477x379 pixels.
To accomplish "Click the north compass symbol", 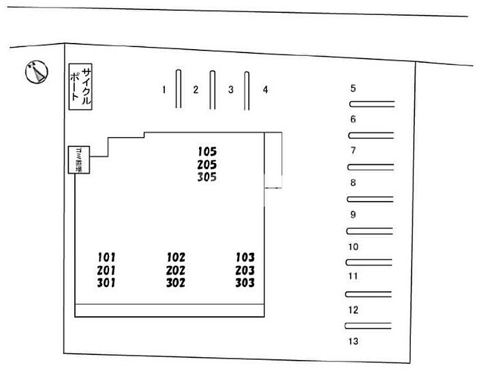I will (x=36, y=71).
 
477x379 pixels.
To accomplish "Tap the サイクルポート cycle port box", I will (x=81, y=87).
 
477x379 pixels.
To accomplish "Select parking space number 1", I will (x=164, y=89).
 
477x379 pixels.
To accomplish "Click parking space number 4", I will (x=265, y=89).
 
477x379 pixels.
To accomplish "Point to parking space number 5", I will (x=353, y=88).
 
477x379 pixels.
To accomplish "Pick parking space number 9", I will (x=353, y=214).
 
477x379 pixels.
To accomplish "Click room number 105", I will (x=207, y=151).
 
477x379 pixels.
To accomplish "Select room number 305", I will (x=207, y=177).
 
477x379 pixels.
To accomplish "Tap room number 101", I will (x=106, y=258).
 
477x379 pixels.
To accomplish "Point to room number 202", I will (x=176, y=270).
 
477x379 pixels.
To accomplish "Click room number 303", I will (x=245, y=282).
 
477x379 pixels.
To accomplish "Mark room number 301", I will (x=106, y=282).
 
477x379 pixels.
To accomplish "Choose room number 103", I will (x=245, y=258).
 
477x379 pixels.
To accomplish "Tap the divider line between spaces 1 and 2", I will (x=179, y=89).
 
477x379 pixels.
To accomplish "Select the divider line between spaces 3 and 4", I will (x=247, y=89).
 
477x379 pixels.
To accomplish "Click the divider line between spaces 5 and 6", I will (x=372, y=104).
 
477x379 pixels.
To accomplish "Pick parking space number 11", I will (x=353, y=277).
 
